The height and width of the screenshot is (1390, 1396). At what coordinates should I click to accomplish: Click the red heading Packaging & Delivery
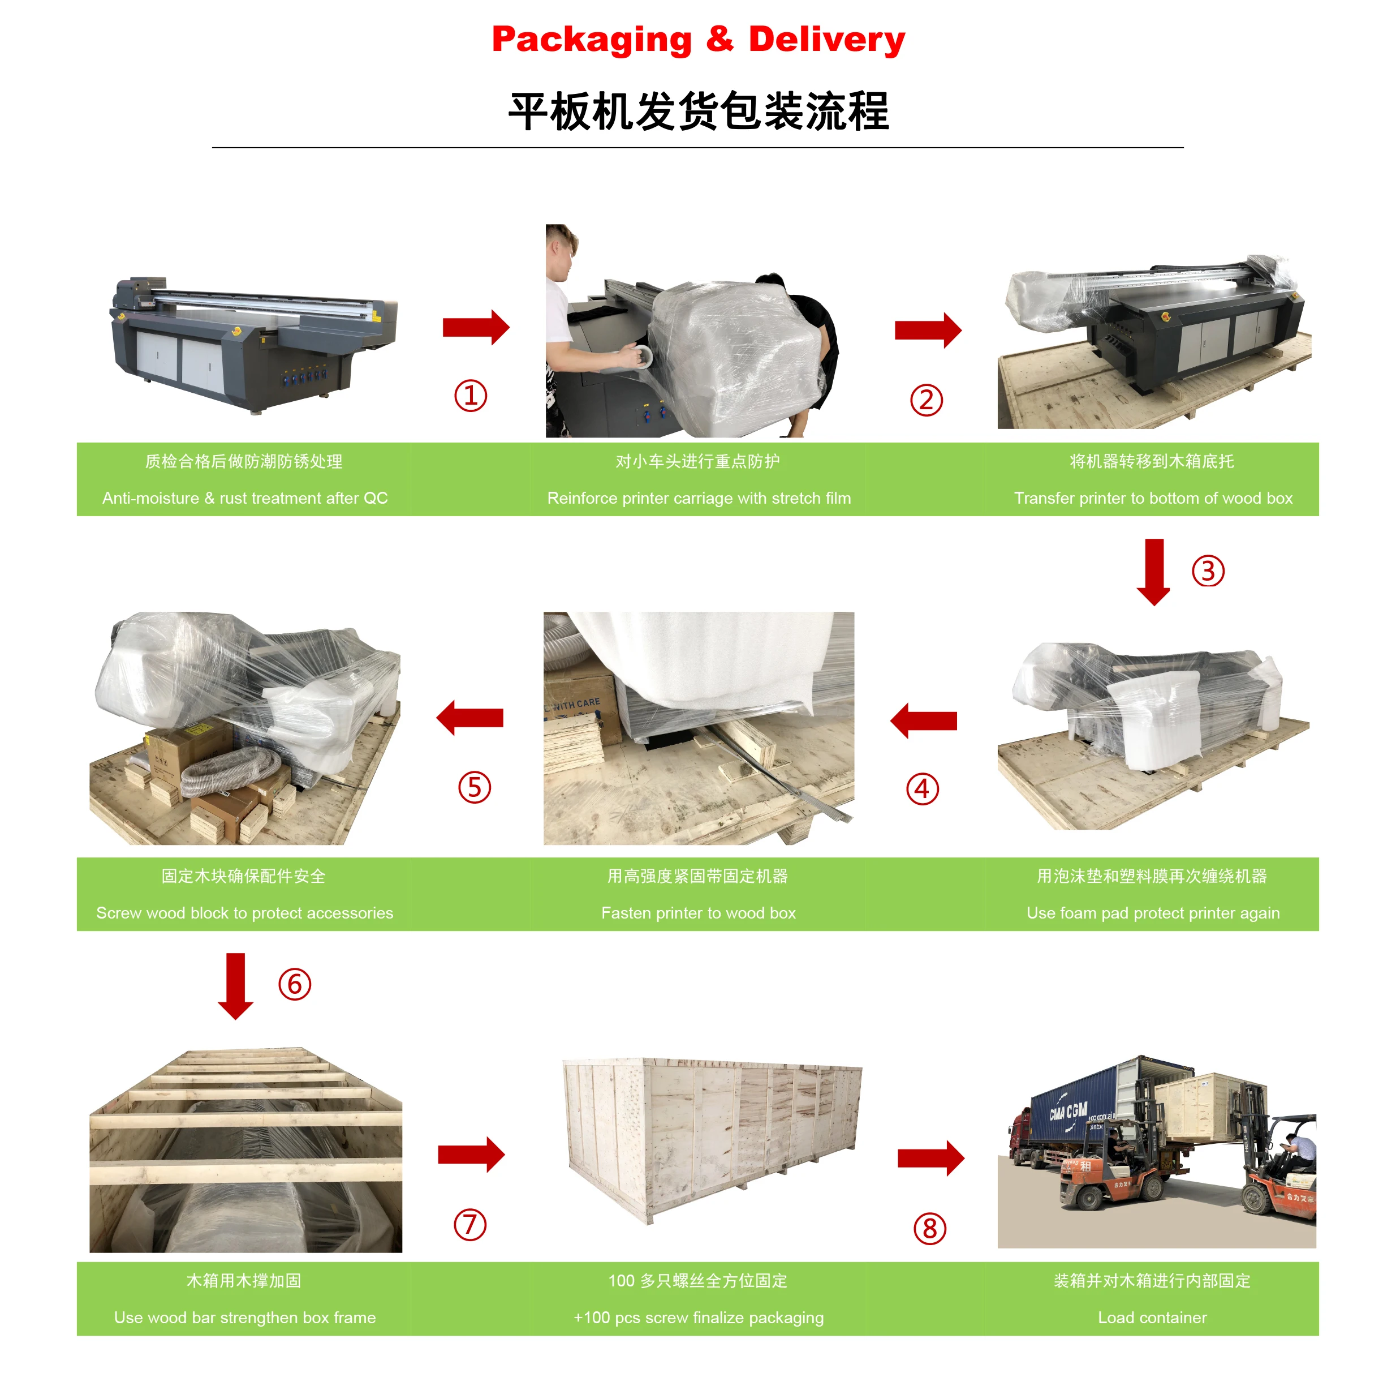point(698,40)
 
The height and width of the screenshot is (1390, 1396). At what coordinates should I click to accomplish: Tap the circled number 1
point(471,396)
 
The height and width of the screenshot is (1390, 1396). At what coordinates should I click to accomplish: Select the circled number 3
point(1208,571)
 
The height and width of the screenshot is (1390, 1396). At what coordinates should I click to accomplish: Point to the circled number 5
point(475,787)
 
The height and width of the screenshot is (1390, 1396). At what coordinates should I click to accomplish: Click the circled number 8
point(929,1229)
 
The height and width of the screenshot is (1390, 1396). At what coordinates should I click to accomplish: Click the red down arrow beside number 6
point(235,986)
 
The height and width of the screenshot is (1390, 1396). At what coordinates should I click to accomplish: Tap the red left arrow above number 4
point(924,720)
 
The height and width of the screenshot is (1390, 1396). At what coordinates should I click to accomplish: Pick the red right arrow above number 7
point(471,1155)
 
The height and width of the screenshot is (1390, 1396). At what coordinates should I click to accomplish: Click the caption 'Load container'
point(1153,1318)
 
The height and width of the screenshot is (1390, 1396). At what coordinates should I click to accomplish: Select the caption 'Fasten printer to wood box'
point(698,913)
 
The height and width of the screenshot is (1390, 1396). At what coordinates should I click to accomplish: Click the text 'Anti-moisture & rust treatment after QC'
point(245,498)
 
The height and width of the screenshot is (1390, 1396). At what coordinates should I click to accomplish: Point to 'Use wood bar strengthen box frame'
point(245,1318)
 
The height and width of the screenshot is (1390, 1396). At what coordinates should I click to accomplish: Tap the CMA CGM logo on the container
point(1068,1111)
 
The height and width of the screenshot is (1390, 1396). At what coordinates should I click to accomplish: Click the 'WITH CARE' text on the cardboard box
point(576,704)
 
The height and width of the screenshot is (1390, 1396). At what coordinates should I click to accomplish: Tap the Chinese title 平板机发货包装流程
point(698,111)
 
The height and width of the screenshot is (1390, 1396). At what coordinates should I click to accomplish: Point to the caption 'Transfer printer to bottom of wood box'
point(1153,498)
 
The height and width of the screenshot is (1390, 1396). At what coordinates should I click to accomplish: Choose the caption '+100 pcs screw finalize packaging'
point(698,1318)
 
